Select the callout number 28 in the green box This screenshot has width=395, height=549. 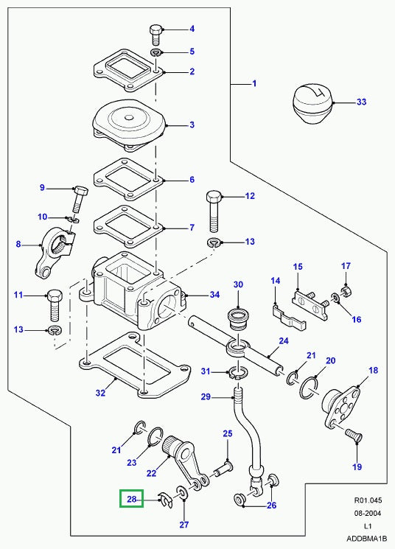pyautogui.click(x=133, y=500)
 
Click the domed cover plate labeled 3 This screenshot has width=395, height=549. pyautogui.click(x=129, y=125)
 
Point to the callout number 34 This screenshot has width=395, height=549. pyautogui.click(x=214, y=296)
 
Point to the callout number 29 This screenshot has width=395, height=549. pyautogui.click(x=206, y=398)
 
